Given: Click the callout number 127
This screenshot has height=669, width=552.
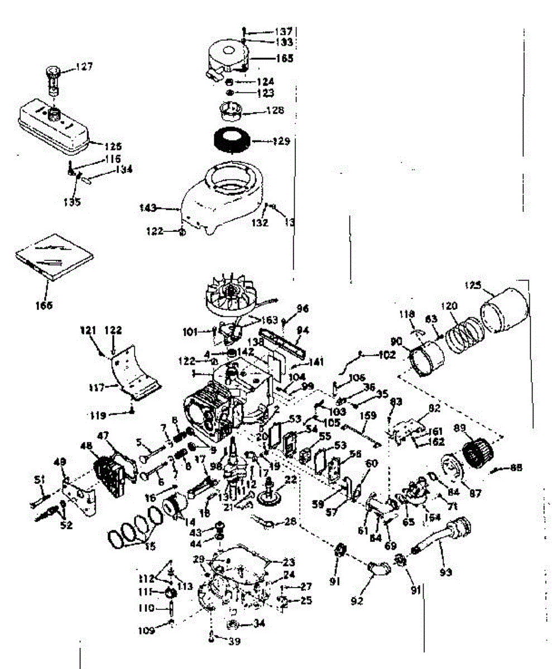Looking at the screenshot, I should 85,66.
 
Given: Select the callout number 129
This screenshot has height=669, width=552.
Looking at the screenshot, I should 281,142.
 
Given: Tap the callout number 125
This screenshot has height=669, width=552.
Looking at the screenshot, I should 472,285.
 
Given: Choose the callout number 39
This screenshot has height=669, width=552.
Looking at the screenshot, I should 234,642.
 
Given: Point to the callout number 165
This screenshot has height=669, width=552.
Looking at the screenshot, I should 284,57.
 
